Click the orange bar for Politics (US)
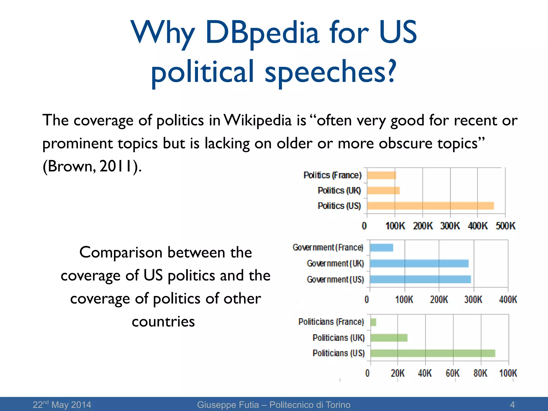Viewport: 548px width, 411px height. point(430,206)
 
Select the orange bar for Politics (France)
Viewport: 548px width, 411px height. point(382,175)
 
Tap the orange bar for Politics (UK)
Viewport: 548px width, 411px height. point(383,191)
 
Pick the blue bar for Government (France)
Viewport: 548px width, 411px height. point(382,248)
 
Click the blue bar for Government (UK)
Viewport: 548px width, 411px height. point(419,263)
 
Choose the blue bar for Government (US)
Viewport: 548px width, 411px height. point(420,279)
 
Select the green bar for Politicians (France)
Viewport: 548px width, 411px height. point(374,322)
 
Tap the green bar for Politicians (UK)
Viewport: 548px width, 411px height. point(389,338)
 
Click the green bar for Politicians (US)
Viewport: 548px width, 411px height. point(433,353)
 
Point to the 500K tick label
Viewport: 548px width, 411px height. point(505,226)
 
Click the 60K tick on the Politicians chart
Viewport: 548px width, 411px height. point(452,373)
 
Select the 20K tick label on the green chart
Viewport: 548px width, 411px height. point(397,373)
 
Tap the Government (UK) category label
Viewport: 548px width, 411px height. point(335,264)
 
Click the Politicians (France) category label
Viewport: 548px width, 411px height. point(331,322)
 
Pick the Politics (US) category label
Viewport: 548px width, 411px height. point(339,206)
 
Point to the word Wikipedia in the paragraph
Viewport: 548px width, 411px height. point(257,120)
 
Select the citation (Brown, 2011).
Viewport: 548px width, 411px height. point(92,166)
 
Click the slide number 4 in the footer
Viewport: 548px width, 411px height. point(512,405)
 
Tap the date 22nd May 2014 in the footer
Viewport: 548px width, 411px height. point(62,405)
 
